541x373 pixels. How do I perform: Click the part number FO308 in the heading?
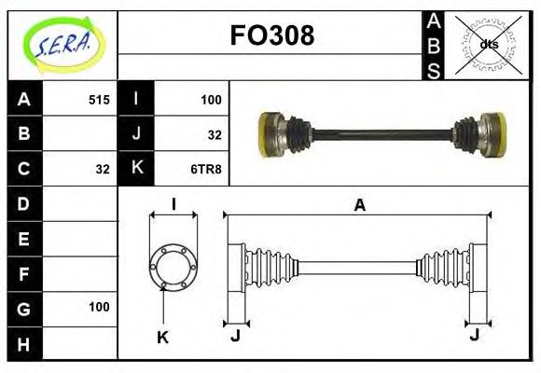pyautogui.click(x=271, y=36)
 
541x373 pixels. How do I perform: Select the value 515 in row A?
pyautogui.click(x=98, y=100)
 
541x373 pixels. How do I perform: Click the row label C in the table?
pyautogui.click(x=24, y=169)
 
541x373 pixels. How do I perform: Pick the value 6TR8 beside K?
pyautogui.click(x=206, y=169)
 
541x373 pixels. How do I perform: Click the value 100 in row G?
pyautogui.click(x=99, y=307)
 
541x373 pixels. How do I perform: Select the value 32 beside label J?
pyautogui.click(x=215, y=134)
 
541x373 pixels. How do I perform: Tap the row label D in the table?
pyautogui.click(x=24, y=203)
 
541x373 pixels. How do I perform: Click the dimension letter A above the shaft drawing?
pyautogui.click(x=359, y=206)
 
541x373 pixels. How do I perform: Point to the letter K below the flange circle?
pyautogui.click(x=162, y=337)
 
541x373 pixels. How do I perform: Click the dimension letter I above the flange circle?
pyautogui.click(x=173, y=205)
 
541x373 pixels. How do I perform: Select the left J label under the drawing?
pyautogui.click(x=235, y=336)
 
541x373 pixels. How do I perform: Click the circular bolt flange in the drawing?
pyautogui.click(x=173, y=266)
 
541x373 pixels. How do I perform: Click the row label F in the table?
pyautogui.click(x=24, y=273)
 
